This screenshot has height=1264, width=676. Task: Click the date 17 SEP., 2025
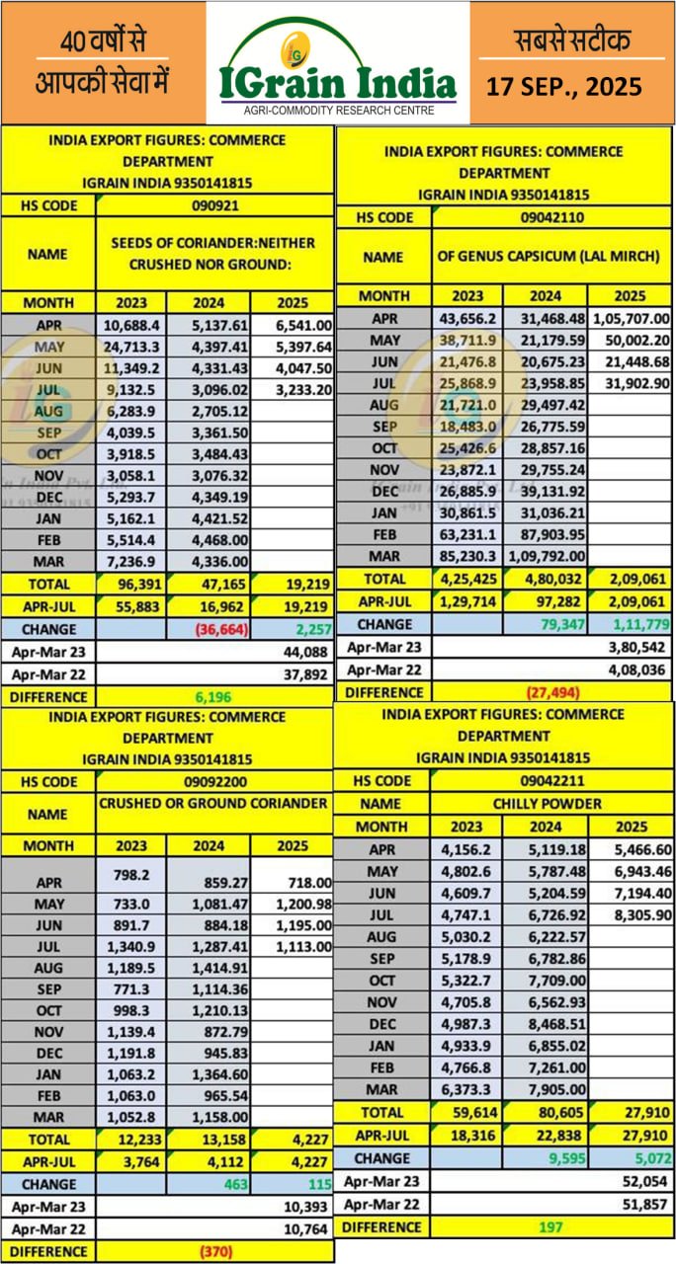pyautogui.click(x=564, y=87)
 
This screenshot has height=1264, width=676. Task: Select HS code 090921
pyautogui.click(x=214, y=206)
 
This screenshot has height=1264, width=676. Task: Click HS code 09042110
pyautogui.click(x=550, y=217)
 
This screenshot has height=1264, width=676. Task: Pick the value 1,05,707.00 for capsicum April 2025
pyautogui.click(x=630, y=319)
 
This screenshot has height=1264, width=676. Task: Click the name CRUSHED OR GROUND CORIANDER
pyautogui.click(x=213, y=804)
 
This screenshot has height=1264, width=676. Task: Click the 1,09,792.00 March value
pyautogui.click(x=545, y=556)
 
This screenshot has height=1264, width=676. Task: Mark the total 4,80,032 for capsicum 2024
pyautogui.click(x=545, y=578)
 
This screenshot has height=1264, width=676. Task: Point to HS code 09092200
pyautogui.click(x=214, y=781)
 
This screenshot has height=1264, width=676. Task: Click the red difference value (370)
pyautogui.click(x=213, y=1251)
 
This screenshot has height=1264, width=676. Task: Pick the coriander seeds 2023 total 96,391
pyautogui.click(x=131, y=584)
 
